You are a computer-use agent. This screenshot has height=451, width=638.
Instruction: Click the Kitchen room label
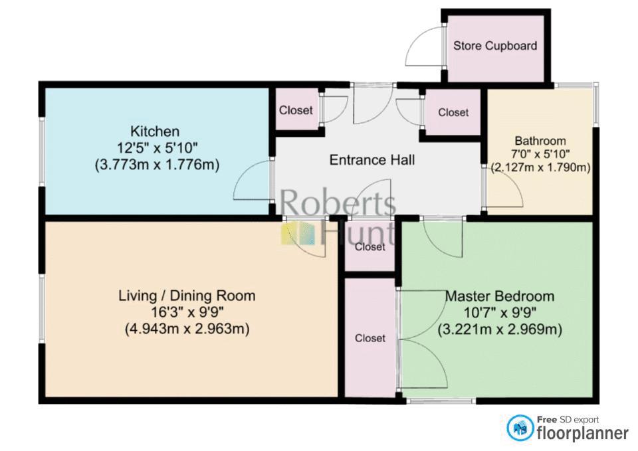(x=155, y=132)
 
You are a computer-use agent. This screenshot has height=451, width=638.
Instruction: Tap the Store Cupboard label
(x=495, y=46)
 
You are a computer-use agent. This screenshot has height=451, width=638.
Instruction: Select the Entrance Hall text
(x=372, y=160)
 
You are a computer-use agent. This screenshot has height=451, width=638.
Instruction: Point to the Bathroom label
(x=540, y=141)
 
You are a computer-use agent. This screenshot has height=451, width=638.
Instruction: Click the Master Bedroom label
(x=500, y=296)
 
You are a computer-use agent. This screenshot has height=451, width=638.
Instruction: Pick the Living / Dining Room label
(x=187, y=296)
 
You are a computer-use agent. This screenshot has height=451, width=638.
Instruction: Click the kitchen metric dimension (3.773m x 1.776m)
(x=157, y=165)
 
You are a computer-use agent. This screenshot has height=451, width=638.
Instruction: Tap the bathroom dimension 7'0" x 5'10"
(x=540, y=154)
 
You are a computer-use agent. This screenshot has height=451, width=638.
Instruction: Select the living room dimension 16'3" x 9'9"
(x=187, y=312)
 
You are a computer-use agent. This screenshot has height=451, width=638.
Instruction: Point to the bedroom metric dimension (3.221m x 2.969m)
(x=500, y=329)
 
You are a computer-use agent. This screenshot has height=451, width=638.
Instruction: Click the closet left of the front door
(x=296, y=110)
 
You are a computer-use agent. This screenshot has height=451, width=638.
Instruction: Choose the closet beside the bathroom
(x=453, y=112)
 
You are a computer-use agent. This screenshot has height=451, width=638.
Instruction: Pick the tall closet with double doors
(x=370, y=337)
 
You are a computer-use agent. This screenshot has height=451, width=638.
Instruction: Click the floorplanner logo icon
(x=520, y=428)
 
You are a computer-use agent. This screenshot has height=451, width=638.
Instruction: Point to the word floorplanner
(x=583, y=433)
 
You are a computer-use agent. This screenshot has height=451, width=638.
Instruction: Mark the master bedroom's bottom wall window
(x=441, y=401)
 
